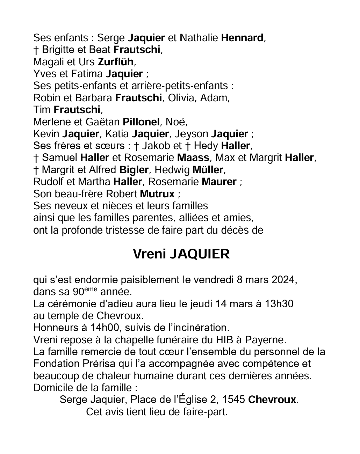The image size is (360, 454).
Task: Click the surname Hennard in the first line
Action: point(242,38)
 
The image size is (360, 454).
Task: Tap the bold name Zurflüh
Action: point(116,62)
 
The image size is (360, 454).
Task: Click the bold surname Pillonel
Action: point(141,122)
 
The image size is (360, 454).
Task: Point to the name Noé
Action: point(176,122)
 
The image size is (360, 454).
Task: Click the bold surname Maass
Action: point(193,158)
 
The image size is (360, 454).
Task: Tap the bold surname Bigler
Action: point(134,170)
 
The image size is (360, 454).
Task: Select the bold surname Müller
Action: point(208,170)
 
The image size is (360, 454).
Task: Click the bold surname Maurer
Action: point(219,182)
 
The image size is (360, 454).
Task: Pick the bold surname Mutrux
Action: point(157,194)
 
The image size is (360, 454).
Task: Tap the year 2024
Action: point(283,280)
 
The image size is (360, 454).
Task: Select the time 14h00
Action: point(103,328)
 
